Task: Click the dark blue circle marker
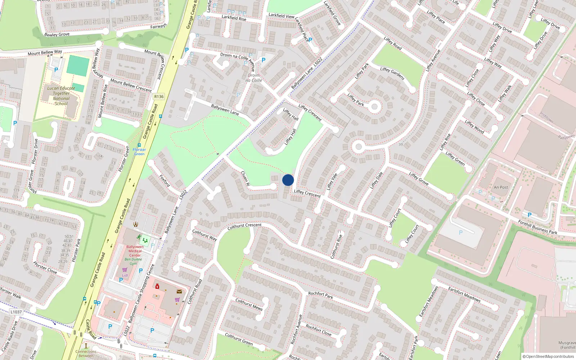click(288, 180)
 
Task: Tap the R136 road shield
click(159, 96)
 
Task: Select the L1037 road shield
click(16, 312)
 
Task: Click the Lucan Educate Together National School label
click(61, 96)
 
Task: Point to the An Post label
click(501, 187)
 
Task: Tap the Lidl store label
click(125, 275)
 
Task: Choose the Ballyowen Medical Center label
click(135, 251)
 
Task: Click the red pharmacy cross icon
click(157, 286)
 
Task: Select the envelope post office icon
click(179, 292)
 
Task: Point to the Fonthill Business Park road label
click(537, 227)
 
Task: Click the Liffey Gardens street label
click(392, 73)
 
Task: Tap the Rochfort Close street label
click(318, 330)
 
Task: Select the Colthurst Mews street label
click(249, 304)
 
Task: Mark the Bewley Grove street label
click(57, 35)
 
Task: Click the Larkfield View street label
click(281, 16)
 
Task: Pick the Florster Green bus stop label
click(139, 152)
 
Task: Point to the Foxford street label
click(165, 181)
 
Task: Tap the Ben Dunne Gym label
click(133, 261)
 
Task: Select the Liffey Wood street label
click(474, 126)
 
